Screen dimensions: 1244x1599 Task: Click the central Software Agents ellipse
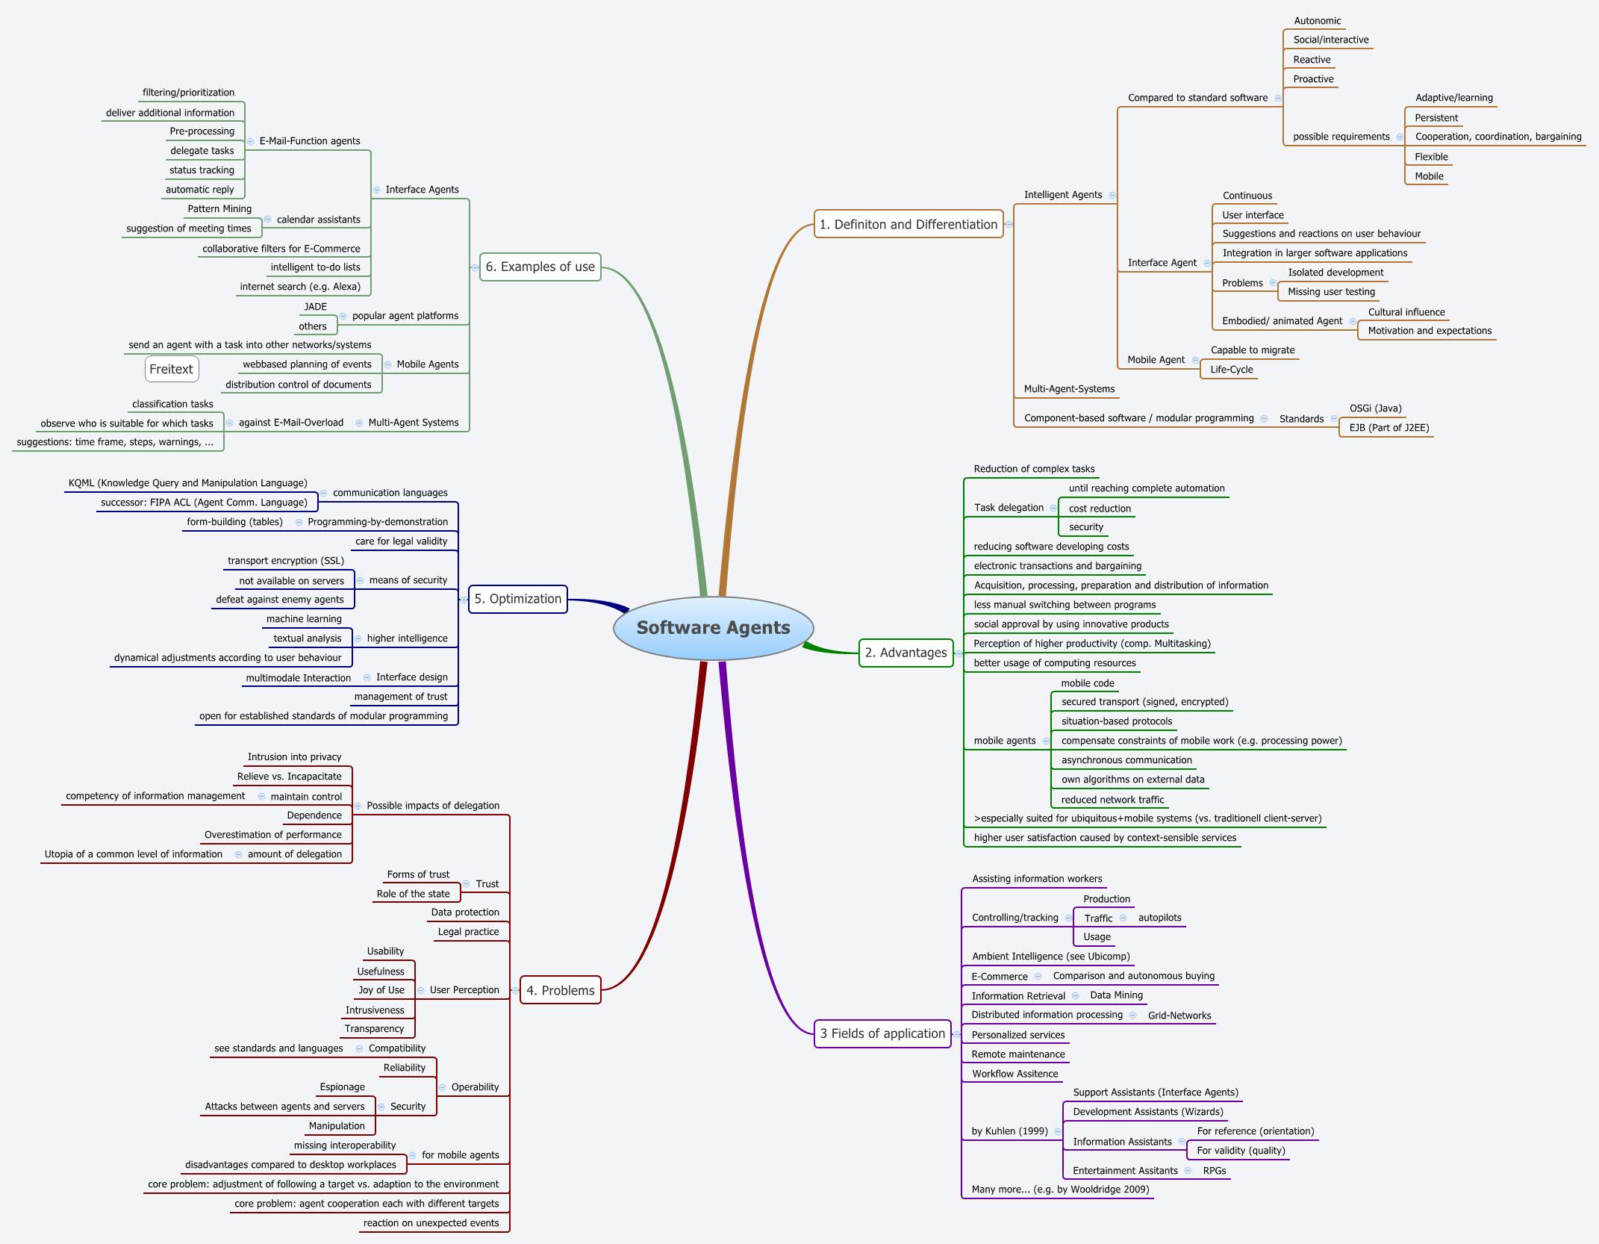[x=713, y=628]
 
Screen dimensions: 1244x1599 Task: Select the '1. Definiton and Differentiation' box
[x=908, y=224]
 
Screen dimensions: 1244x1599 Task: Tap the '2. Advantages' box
[x=906, y=653]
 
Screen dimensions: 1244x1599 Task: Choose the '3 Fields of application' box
[x=882, y=1033]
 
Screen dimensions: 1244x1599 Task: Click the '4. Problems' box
[x=560, y=990]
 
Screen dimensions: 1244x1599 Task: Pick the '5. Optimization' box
[x=517, y=599]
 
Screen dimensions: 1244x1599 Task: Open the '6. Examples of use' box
[x=540, y=267]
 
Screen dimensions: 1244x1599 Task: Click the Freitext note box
[x=171, y=369]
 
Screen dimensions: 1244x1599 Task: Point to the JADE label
[x=315, y=307]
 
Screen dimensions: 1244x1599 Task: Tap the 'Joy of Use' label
[x=381, y=990]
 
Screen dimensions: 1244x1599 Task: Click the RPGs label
[x=1214, y=1171]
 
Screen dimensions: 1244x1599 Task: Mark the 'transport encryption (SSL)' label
[x=286, y=561]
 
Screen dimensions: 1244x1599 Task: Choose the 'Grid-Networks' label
[x=1179, y=1016]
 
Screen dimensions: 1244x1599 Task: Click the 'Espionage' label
[x=342, y=1087]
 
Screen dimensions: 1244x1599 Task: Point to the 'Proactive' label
[x=1313, y=79]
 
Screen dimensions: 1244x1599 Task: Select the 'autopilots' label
[x=1159, y=918]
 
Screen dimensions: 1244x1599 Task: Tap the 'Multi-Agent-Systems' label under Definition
[x=1069, y=389]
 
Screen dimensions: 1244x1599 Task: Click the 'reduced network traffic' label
[x=1112, y=800]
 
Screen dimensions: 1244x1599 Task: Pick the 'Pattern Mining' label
[x=219, y=209]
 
